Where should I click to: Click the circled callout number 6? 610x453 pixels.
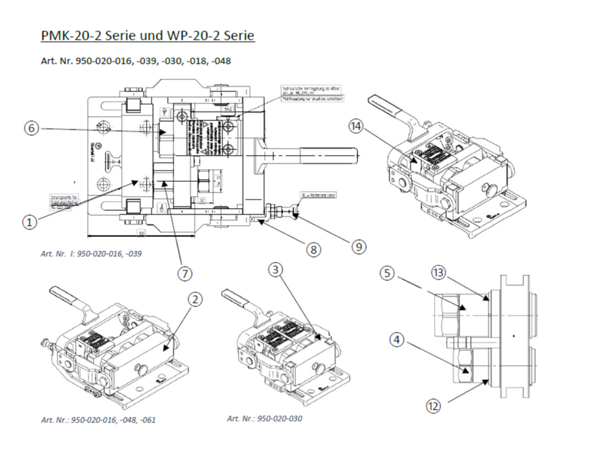tap(30, 128)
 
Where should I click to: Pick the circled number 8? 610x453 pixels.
tap(313, 249)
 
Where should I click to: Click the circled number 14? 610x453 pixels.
tap(356, 126)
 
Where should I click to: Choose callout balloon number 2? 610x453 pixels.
tap(195, 299)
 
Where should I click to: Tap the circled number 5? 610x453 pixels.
tap(387, 274)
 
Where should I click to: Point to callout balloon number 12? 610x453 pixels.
tap(434, 406)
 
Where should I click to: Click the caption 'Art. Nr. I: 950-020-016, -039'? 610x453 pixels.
tap(95, 253)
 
